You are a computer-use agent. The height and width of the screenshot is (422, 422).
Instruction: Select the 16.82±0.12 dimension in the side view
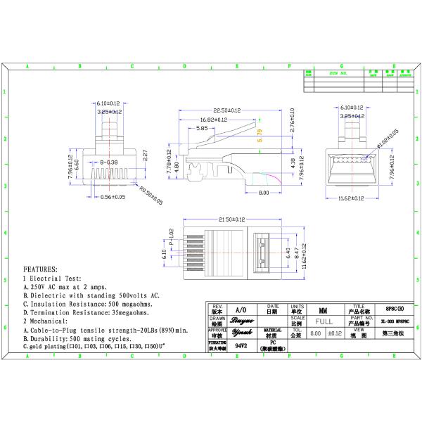tap(212, 120)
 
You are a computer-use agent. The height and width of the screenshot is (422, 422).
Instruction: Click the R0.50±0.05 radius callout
tap(150, 196)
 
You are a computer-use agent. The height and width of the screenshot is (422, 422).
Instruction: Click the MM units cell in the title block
tap(323, 309)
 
